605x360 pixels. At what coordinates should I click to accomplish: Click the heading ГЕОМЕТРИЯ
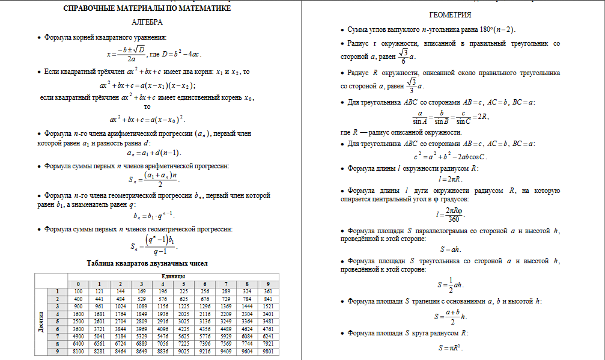point(451,15)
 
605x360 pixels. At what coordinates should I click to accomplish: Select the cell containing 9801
point(268,351)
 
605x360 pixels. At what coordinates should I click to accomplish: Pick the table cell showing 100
point(78,291)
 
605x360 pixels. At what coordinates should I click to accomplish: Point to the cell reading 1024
point(121,307)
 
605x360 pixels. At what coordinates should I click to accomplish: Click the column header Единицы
point(168,276)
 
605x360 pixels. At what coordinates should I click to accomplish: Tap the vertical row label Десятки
point(41,322)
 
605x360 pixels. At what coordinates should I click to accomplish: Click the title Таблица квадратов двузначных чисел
point(148,263)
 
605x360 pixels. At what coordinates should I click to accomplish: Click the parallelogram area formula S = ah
point(450,249)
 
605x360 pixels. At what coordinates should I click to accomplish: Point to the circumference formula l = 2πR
point(450,179)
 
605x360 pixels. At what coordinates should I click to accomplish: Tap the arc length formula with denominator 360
point(450,213)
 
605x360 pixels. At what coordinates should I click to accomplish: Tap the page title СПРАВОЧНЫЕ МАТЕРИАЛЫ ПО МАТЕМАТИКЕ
point(147,8)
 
